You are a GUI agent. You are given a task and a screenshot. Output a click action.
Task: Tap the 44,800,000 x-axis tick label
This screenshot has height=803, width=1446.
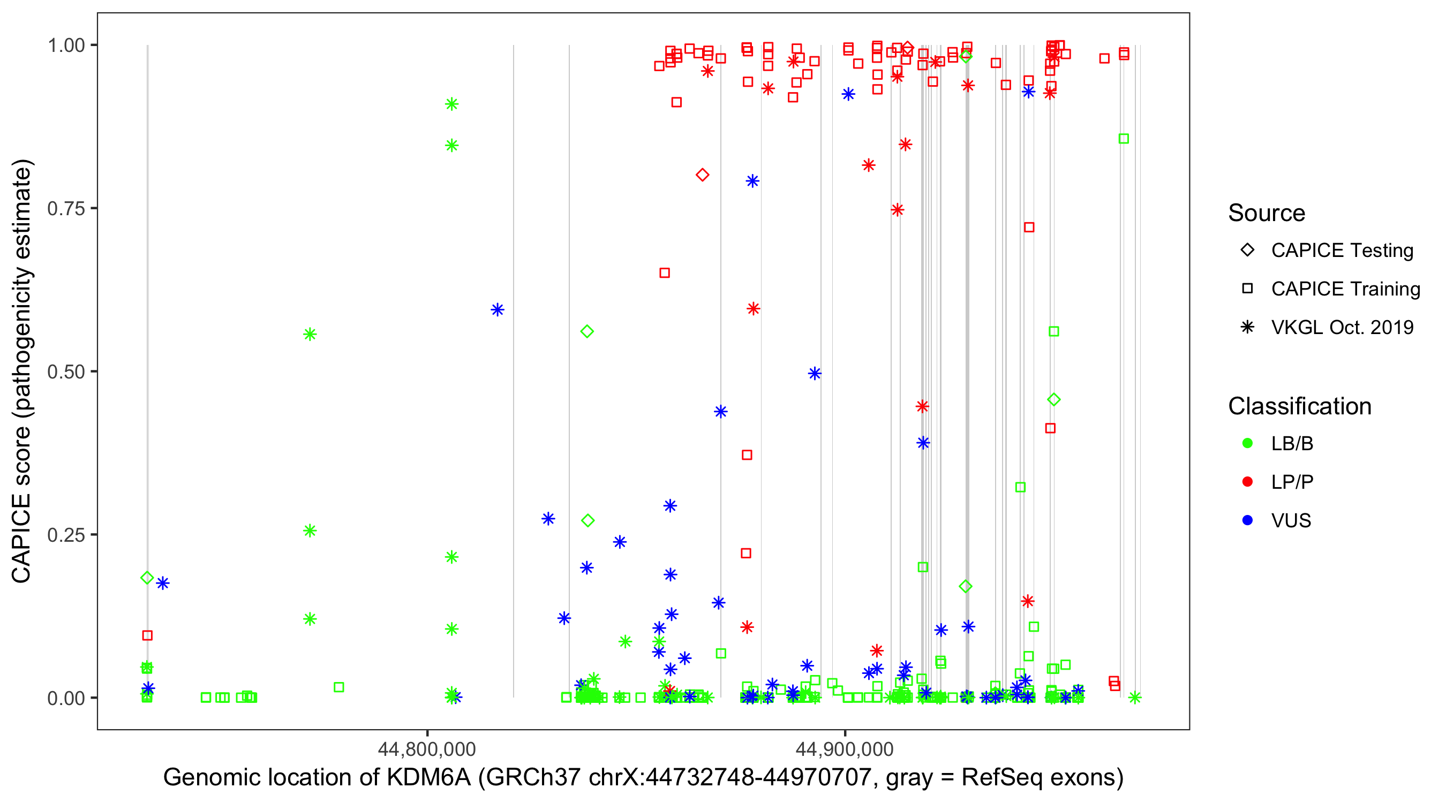click(427, 749)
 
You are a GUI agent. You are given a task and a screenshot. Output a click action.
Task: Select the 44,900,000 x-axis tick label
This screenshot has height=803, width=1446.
click(845, 749)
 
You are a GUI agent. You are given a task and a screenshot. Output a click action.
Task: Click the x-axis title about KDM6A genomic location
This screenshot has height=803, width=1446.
click(643, 778)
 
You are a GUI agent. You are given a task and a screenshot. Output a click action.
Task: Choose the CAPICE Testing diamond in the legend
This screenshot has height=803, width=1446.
click(1247, 251)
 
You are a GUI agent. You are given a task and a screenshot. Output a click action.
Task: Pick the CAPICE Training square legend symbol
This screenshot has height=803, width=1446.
click(1247, 289)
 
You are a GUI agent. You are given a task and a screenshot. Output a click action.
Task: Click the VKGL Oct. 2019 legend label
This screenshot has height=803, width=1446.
click(1342, 328)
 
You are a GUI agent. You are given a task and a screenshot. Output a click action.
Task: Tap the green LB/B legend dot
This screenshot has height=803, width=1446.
click(1247, 444)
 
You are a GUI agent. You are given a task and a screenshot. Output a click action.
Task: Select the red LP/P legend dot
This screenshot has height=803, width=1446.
click(1247, 482)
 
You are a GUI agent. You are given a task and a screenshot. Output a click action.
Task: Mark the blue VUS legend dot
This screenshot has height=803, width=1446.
click(1247, 521)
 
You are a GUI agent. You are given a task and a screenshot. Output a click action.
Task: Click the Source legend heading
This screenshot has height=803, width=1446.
click(1267, 213)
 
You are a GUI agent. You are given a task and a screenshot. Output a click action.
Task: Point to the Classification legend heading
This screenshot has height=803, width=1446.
click(1299, 406)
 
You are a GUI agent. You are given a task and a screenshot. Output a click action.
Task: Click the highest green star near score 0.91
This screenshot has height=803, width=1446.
click(452, 104)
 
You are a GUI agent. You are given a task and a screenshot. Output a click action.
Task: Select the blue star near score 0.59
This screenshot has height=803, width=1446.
click(498, 310)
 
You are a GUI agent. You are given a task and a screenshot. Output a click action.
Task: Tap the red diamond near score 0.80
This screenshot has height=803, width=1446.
click(702, 175)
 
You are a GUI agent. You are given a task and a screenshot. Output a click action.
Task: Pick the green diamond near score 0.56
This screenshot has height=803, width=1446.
click(587, 331)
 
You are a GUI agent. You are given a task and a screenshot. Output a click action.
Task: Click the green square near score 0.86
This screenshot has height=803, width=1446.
click(1123, 139)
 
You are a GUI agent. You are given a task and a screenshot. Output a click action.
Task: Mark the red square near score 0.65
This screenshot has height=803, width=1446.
click(665, 272)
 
